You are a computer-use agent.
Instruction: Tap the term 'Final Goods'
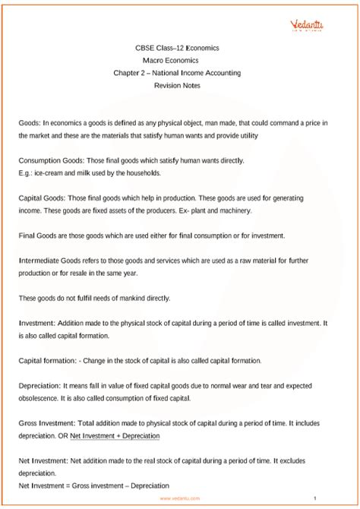click(36, 236)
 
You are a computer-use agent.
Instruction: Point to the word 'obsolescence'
click(40, 399)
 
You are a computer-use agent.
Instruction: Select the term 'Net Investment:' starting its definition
click(43, 461)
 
